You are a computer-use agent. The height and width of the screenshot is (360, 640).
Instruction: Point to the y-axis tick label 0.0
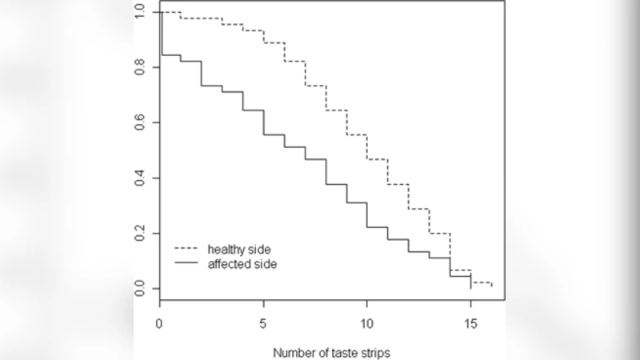click(141, 288)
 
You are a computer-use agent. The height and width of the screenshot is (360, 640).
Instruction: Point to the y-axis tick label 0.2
click(141, 233)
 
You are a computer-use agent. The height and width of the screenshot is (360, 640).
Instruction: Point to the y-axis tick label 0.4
click(141, 178)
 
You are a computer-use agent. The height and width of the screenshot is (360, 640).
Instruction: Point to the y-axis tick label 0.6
click(141, 122)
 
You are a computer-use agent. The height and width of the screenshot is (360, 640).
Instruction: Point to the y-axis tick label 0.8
click(141, 67)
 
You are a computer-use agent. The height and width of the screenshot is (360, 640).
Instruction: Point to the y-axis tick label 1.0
click(141, 12)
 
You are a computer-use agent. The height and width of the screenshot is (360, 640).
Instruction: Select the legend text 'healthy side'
click(238, 249)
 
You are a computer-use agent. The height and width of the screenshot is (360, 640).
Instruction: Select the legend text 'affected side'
click(239, 263)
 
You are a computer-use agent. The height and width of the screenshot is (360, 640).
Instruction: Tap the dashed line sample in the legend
click(186, 249)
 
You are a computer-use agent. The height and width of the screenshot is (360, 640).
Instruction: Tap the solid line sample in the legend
click(186, 263)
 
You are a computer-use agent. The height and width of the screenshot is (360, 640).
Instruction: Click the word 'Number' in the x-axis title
click(292, 352)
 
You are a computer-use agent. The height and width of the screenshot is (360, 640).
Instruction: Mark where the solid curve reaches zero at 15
click(470, 286)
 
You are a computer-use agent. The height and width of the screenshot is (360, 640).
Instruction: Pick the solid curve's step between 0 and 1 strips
click(170, 55)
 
